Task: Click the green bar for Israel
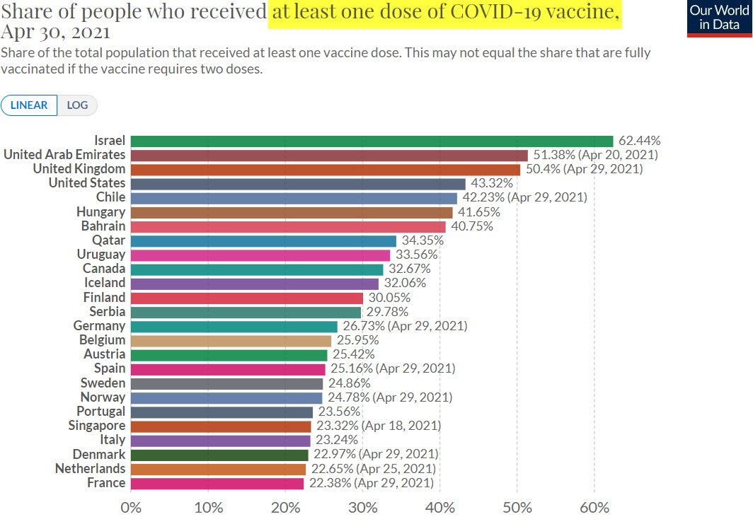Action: pos(372,141)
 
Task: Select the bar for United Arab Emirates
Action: pos(329,155)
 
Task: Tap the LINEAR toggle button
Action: pos(29,105)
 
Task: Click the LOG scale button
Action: pos(77,105)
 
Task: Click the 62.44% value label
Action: pos(639,141)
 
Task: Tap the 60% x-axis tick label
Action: pos(594,508)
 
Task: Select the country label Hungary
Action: pos(100,211)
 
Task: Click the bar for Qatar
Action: pos(263,240)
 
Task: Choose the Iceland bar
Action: pos(255,283)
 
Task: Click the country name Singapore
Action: pos(97,426)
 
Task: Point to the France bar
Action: pos(217,483)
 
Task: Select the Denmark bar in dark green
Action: pos(219,455)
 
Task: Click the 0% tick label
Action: pos(131,508)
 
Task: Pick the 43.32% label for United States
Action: pos(492,183)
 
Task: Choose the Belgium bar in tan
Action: pos(231,340)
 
